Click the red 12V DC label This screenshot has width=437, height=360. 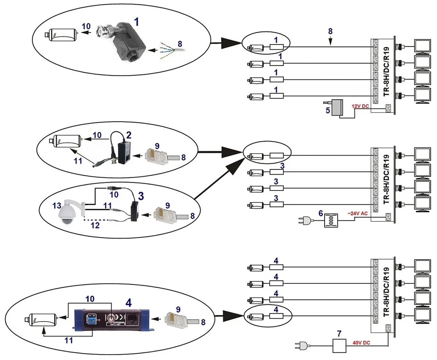point(360,106)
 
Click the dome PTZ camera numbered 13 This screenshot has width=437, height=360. point(68,214)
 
